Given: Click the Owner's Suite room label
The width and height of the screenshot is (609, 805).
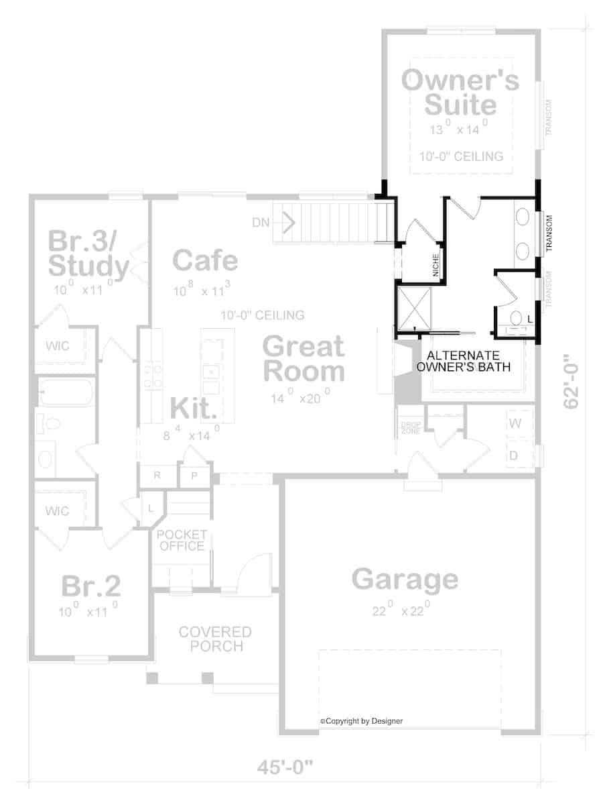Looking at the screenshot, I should [x=460, y=93].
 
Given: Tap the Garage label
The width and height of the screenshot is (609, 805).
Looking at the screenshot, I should [x=405, y=579].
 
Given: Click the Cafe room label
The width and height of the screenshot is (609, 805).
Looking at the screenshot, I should [x=205, y=260].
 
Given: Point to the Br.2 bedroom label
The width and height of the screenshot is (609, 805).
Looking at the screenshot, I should [x=91, y=586].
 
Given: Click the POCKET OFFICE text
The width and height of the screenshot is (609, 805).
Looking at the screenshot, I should [x=182, y=541].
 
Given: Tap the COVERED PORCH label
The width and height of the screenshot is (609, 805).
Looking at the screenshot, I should [x=215, y=639].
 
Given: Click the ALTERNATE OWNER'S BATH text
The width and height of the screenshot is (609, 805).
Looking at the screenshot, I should [x=464, y=361].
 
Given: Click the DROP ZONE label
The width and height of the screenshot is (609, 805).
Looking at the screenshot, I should [x=409, y=427].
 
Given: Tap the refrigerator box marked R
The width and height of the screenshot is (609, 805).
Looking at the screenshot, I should [x=157, y=476].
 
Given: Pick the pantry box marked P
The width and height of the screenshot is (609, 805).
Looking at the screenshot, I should [x=194, y=476].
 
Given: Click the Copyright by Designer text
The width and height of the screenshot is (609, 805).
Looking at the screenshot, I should [x=362, y=721].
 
